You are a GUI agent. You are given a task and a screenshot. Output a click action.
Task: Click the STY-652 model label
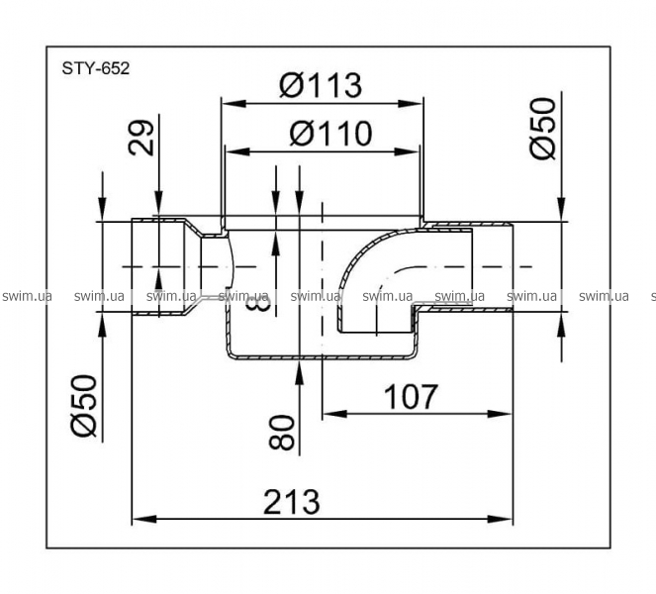96,68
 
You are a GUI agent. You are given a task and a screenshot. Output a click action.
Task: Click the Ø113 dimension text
321,85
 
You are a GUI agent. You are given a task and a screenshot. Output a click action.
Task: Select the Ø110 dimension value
330,134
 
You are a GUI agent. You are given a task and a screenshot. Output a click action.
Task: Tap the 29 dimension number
141,138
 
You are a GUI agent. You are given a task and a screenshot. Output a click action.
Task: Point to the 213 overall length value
292,502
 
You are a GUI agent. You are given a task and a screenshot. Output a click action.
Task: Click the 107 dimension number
411,396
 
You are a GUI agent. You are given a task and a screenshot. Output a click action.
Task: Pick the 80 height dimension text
282,432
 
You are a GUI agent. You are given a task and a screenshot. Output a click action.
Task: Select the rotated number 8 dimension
257,302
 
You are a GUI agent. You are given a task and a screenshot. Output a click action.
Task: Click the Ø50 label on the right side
543,128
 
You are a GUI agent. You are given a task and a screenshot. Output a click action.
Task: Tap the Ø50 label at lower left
84,406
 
